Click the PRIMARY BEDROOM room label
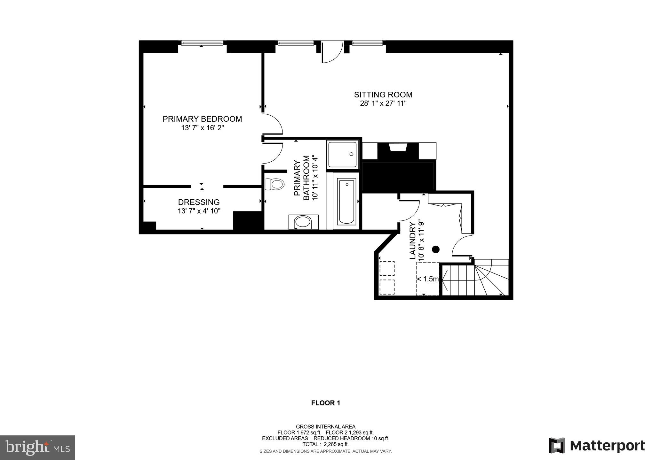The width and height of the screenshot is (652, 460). pos(202,119)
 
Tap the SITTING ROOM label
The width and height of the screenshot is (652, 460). pos(383,95)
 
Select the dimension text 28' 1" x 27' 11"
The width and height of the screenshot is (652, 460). pos(383,103)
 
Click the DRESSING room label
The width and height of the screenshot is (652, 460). pos(199,202)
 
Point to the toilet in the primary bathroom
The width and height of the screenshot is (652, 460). pos(275,184)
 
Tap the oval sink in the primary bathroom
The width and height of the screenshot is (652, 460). pos(303,222)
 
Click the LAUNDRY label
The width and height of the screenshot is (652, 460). pos(413,240)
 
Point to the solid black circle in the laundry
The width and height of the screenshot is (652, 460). pos(436,249)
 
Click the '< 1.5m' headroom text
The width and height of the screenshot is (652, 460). pos(428,279)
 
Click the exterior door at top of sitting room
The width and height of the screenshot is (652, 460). pos(332,52)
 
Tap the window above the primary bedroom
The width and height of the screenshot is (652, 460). pos(202,43)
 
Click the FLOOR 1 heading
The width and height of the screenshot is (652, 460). pos(325,403)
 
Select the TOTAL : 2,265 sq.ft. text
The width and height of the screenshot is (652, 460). pos(325,444)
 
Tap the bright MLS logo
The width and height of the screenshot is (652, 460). pos(37,448)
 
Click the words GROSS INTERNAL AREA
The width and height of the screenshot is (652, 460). pos(325,426)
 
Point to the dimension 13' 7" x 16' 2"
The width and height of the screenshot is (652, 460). pos(202,128)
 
